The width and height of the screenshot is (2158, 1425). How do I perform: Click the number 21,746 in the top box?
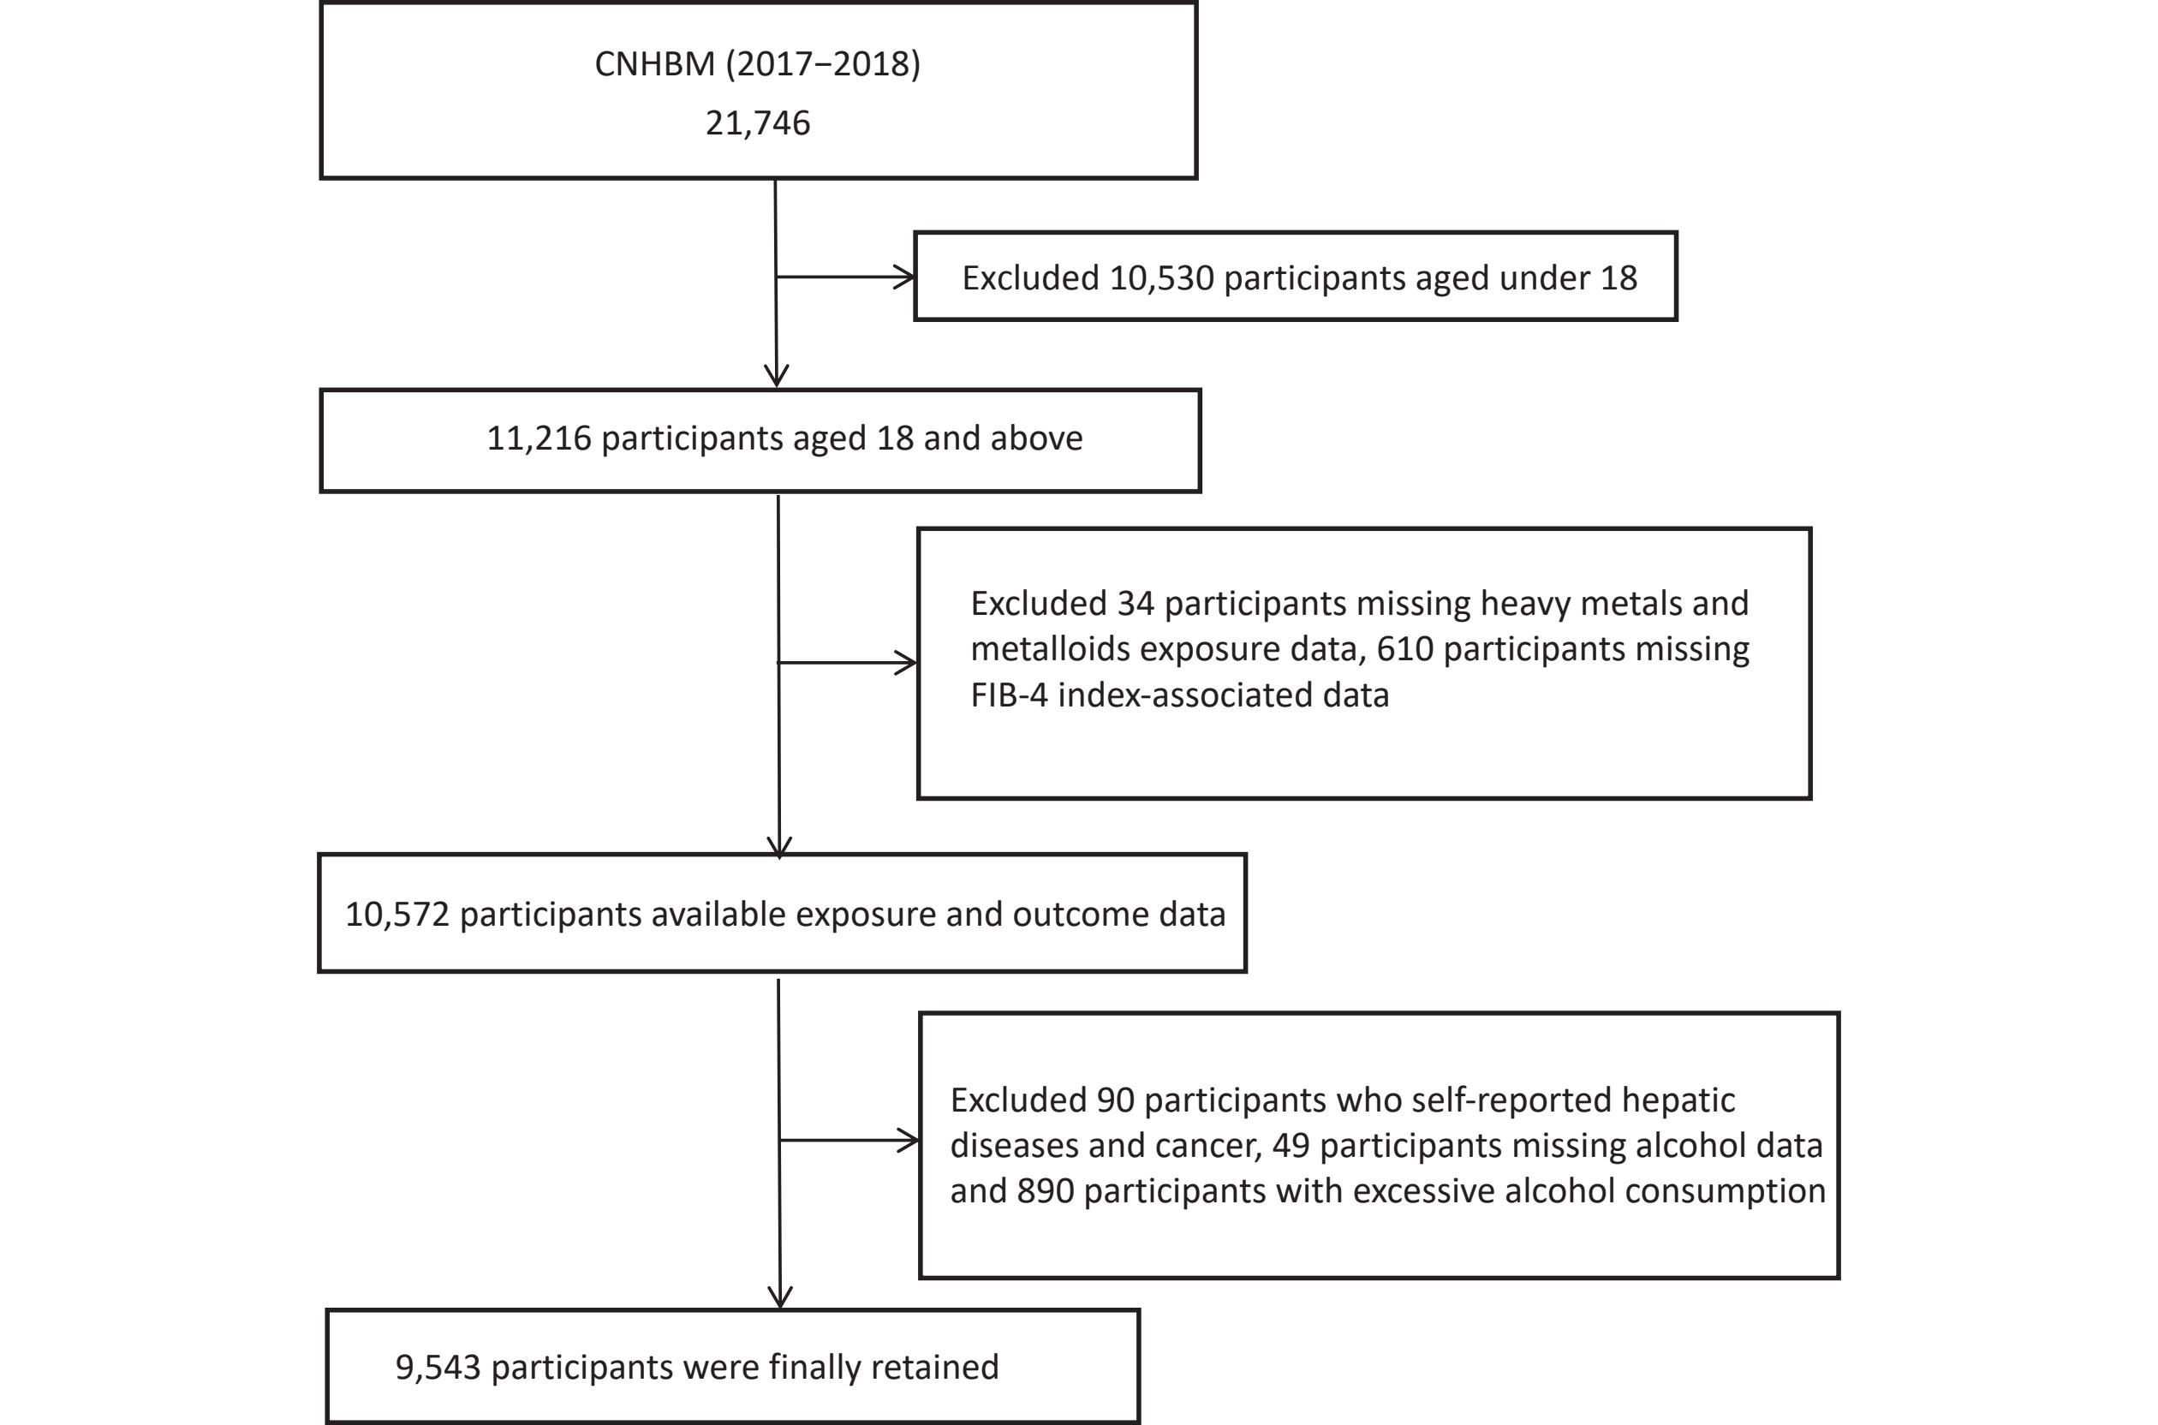tap(758, 122)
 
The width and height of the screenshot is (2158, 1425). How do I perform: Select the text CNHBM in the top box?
tap(654, 63)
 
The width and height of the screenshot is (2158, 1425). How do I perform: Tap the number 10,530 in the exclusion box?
tap(1162, 278)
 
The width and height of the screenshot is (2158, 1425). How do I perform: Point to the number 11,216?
tap(539, 438)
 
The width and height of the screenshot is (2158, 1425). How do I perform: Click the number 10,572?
tap(397, 915)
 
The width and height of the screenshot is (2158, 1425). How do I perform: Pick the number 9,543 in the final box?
tap(438, 1367)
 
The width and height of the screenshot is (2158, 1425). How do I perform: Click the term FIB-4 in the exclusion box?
tap(1009, 695)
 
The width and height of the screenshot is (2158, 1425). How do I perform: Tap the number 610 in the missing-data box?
tap(1404, 649)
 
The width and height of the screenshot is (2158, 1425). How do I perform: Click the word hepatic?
tap(1678, 1100)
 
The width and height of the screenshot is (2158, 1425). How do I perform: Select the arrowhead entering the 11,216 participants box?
tap(776, 375)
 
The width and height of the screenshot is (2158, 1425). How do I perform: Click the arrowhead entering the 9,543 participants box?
tap(780, 1297)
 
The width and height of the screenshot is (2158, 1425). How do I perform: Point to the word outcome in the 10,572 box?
tap(1069, 915)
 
